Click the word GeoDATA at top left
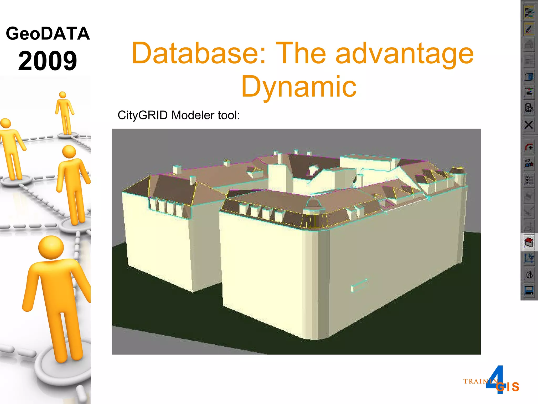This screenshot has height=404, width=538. pos(48,34)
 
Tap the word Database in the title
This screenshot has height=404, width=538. pos(199,53)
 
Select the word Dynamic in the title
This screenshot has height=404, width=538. pos(299,87)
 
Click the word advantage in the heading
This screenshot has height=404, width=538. pos(405,53)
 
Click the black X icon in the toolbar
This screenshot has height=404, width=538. pos(529,125)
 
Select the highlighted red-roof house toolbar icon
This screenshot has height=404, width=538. pos(529,242)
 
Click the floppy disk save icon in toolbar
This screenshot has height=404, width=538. pos(529,290)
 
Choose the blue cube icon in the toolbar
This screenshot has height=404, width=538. pos(529,77)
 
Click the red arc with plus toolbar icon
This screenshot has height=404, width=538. pos(529,147)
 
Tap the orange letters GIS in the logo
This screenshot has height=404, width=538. pos(508,387)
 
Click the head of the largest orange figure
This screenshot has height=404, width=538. pos(51,247)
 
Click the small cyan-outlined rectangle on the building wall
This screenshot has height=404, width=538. pos(359,285)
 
